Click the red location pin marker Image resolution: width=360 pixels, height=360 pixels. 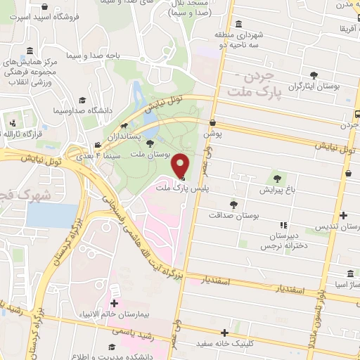click(181, 166)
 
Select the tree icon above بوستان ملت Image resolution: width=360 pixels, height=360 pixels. click(149, 143)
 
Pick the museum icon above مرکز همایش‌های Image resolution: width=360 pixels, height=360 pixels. click(29, 51)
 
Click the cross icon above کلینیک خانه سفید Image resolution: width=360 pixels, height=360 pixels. click(225, 333)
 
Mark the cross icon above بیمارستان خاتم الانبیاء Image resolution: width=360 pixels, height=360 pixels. click(114, 304)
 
